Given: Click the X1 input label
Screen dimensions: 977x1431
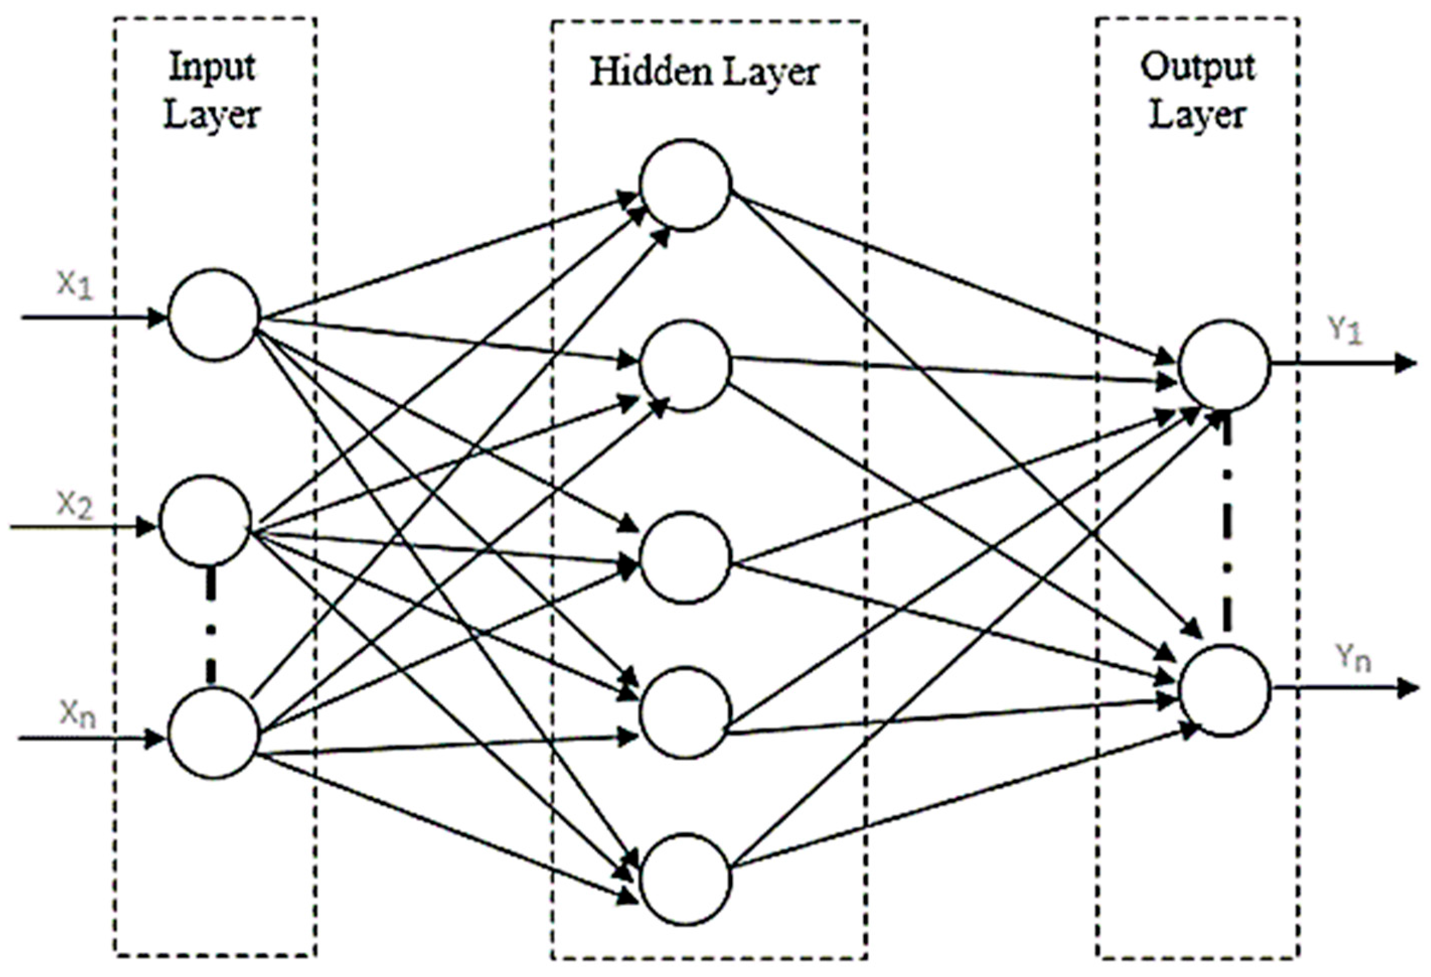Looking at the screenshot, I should [75, 286].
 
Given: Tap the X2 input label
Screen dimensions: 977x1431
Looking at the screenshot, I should [75, 506].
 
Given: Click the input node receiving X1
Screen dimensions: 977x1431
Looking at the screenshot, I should [214, 314].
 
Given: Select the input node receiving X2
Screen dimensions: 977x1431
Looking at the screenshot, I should [206, 521].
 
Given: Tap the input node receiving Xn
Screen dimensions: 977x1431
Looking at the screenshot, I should [214, 734].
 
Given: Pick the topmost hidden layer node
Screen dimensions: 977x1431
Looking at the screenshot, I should [685, 185].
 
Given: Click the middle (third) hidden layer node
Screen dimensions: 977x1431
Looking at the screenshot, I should [685, 558].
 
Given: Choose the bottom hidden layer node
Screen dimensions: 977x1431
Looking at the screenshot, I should [685, 879].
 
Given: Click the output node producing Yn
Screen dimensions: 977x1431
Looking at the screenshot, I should [1224, 690].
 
